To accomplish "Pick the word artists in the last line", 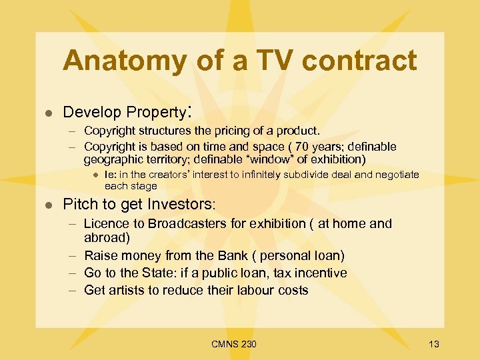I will [x=129, y=290].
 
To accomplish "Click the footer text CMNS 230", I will [x=233, y=344].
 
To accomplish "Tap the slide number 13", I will [x=434, y=344].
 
